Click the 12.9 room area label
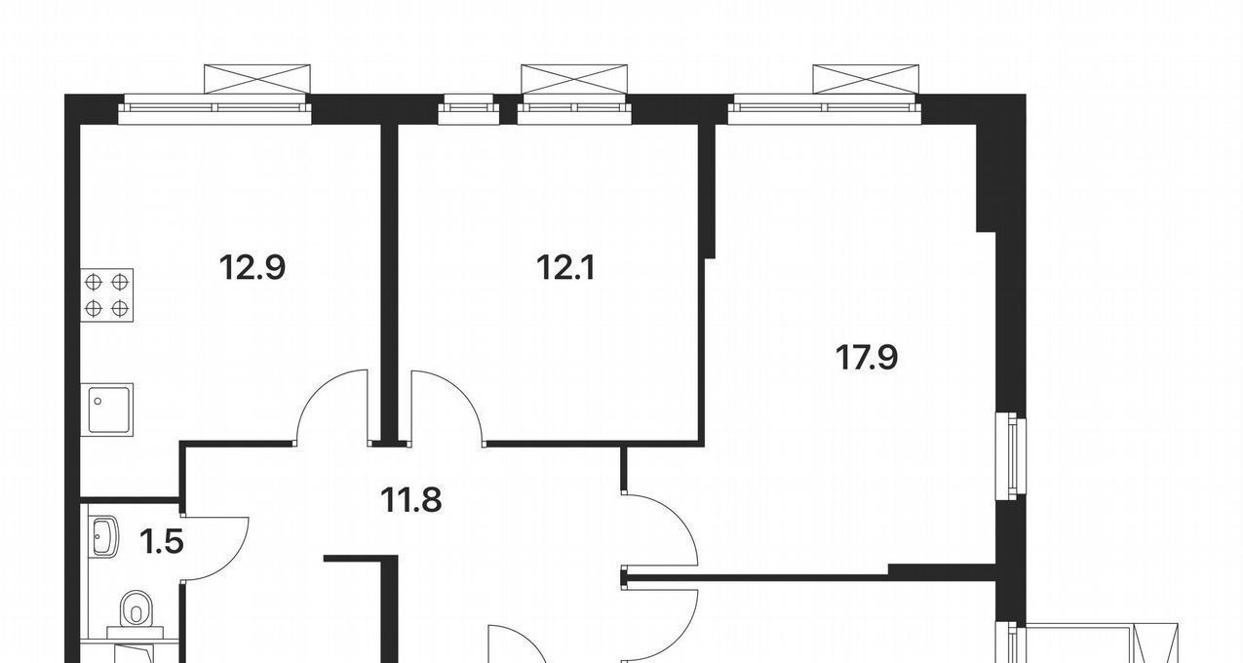[x=252, y=267]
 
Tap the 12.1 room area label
[x=565, y=267]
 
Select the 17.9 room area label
[x=867, y=357]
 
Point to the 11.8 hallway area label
[x=410, y=500]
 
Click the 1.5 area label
[x=162, y=541]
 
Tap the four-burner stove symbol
[x=107, y=295]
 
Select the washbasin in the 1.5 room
[x=103, y=536]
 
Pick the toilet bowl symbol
[x=136, y=608]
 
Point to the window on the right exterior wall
[x=1011, y=456]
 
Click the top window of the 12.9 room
[x=215, y=109]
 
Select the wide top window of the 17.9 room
[x=825, y=109]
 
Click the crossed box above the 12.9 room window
[x=257, y=79]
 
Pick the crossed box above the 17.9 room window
[x=866, y=79]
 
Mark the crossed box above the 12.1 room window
[x=574, y=79]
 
